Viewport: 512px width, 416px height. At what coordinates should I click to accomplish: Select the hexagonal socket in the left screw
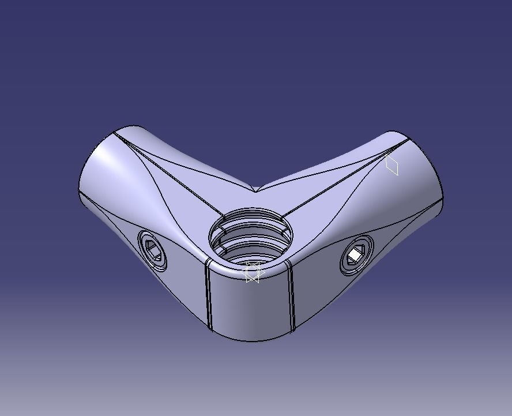coord(153,249)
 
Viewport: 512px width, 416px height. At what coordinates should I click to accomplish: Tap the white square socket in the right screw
coord(354,253)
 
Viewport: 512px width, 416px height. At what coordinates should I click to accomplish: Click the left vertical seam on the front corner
coord(209,297)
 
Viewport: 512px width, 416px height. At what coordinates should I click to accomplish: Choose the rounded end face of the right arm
coord(424,167)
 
